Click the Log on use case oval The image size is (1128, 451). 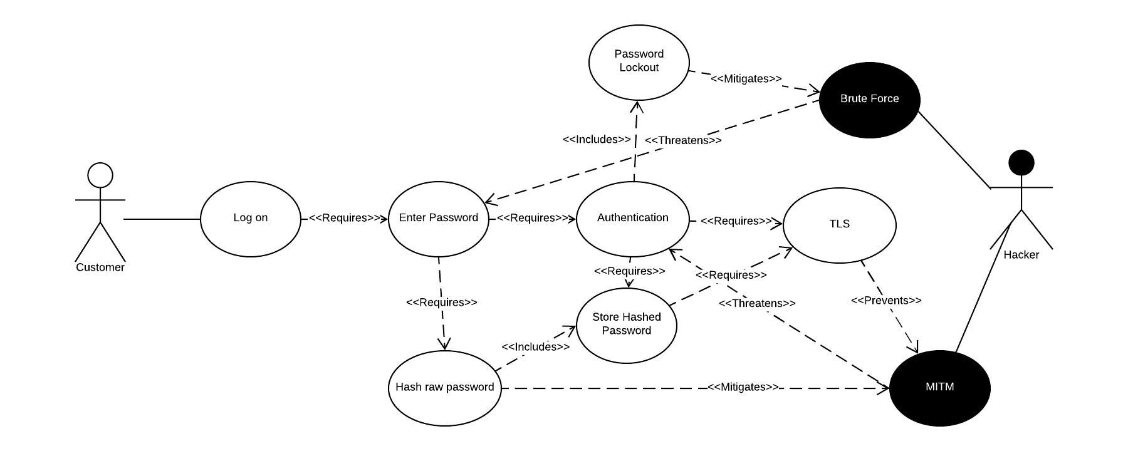[251, 219]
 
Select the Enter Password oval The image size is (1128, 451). [438, 219]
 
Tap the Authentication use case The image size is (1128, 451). [632, 219]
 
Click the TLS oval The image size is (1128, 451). [839, 225]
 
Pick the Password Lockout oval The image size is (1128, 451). [639, 61]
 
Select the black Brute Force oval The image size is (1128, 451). [869, 99]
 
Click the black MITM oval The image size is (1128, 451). [939, 388]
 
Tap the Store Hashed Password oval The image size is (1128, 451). [626, 324]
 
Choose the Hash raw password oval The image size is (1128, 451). [444, 388]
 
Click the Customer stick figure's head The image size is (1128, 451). [100, 175]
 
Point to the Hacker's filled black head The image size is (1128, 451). [1021, 163]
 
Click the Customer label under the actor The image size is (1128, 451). [100, 267]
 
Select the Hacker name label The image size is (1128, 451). [1021, 255]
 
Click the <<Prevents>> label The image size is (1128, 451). [886, 301]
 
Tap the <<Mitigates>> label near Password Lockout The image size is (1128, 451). [746, 79]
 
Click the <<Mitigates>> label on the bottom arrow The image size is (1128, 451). [743, 387]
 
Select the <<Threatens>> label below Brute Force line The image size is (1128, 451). [683, 140]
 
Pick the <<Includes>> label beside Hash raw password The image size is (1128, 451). [536, 346]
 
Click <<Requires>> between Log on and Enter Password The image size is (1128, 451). [345, 218]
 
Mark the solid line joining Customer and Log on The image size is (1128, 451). [162, 219]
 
